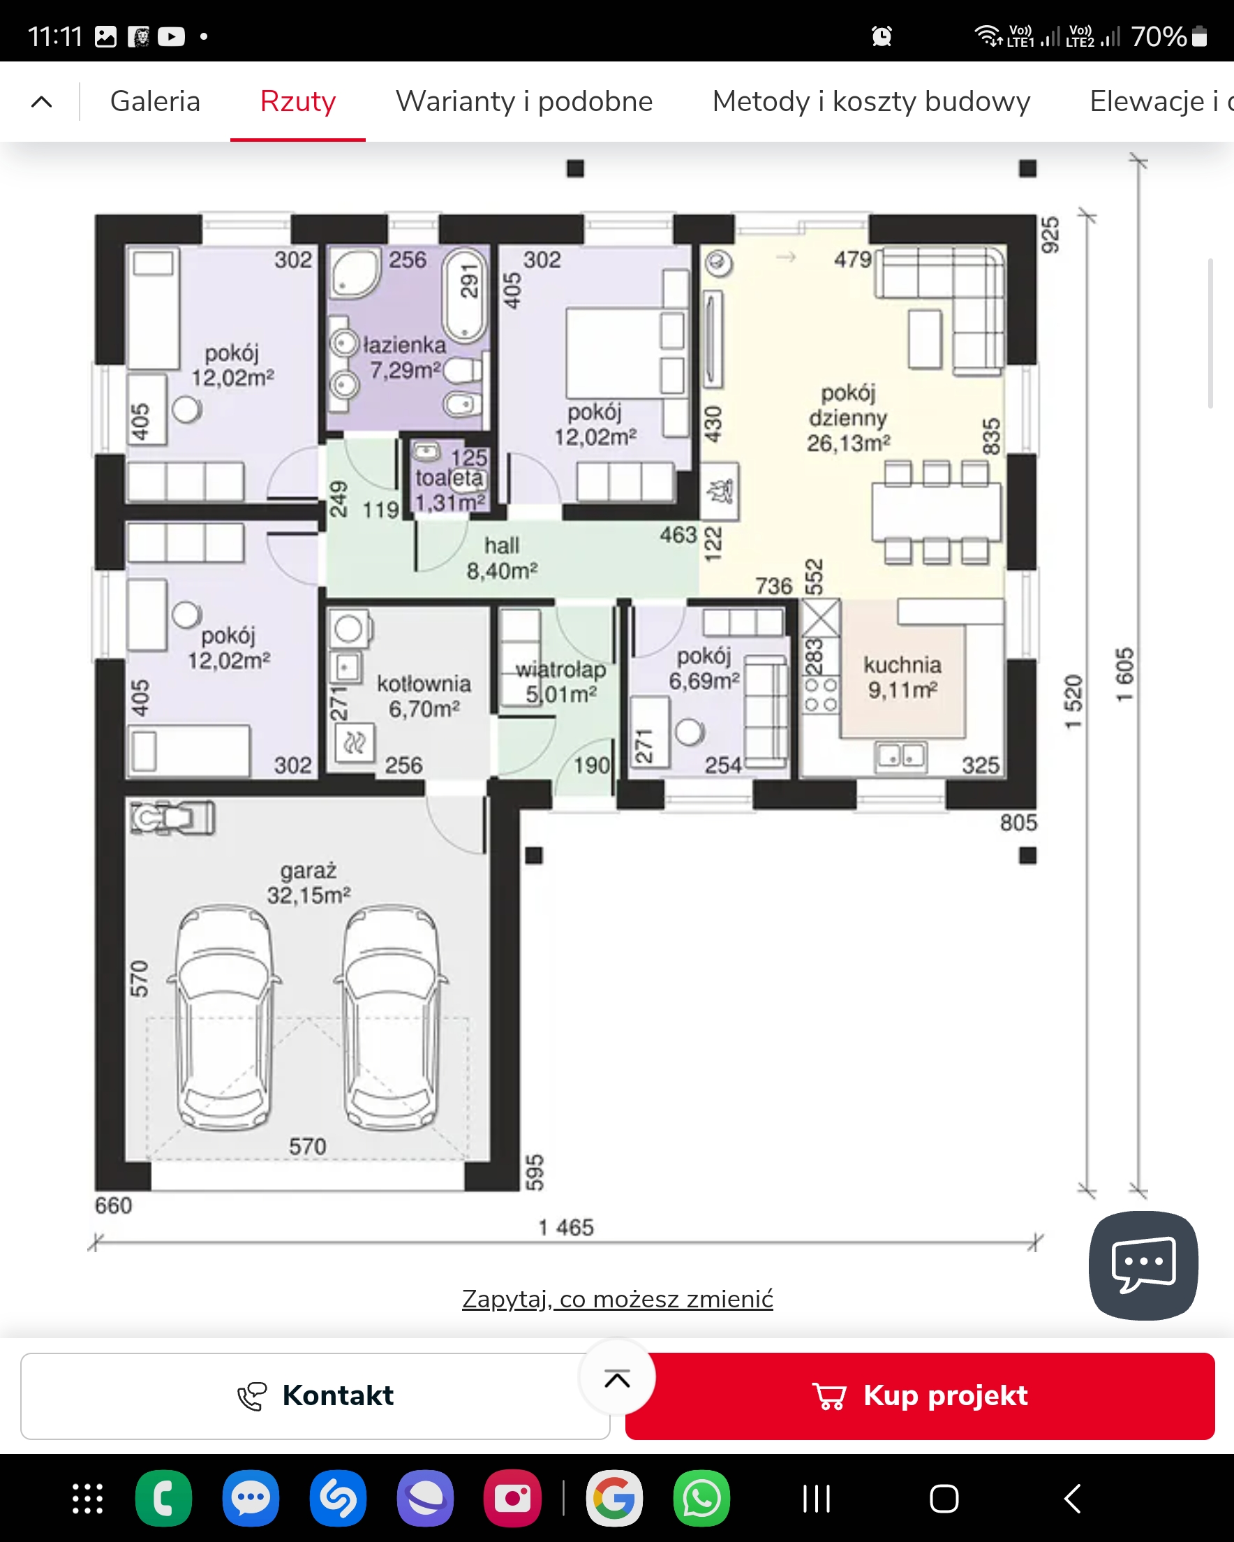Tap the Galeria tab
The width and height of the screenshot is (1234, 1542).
coord(155,101)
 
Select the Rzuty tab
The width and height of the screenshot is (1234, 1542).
coord(298,101)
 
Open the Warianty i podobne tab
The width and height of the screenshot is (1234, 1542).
coord(524,101)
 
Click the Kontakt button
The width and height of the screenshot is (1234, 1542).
coord(315,1395)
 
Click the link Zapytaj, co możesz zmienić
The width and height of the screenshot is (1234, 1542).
coord(618,1299)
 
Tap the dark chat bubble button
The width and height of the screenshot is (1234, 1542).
coord(1143,1265)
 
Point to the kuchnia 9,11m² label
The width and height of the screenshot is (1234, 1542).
coord(903,677)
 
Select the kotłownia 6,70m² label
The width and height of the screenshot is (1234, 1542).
coord(424,696)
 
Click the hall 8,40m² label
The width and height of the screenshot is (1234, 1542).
coord(502,558)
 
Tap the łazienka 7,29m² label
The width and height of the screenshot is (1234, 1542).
coord(405,357)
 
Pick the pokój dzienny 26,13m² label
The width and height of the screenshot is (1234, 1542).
coord(849,418)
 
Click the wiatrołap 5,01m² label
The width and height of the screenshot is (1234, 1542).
coord(561,682)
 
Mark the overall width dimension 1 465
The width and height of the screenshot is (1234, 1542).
coord(566,1227)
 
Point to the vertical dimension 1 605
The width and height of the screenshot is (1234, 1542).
coord(1124,675)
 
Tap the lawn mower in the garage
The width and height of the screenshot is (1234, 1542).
coord(172,818)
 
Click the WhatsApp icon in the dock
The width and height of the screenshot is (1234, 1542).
coord(701,1499)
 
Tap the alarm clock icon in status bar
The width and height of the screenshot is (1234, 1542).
coord(882,36)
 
